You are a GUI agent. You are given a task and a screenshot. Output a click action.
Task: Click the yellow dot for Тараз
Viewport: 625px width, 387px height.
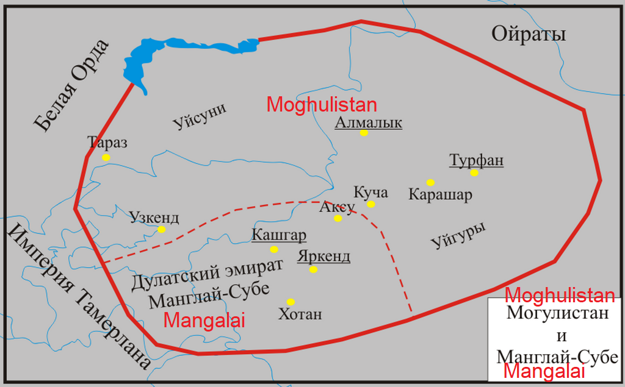(x=106, y=157)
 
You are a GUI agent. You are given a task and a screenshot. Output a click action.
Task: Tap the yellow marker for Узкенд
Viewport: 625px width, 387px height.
(x=161, y=230)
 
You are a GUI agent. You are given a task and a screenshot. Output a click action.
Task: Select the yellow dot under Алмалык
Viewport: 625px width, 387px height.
(x=364, y=133)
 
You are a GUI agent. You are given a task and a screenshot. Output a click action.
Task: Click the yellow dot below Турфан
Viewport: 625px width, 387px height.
(x=474, y=173)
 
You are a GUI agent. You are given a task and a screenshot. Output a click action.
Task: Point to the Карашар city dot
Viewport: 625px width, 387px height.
(x=430, y=182)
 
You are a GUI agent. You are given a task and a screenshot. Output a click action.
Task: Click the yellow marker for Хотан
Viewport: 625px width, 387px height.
(x=291, y=302)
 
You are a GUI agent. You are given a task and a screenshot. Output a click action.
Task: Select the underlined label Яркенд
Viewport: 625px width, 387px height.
(x=323, y=256)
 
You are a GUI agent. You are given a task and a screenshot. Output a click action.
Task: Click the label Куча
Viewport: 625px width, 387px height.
(x=371, y=193)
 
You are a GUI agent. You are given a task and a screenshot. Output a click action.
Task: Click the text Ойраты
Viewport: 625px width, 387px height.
(x=529, y=35)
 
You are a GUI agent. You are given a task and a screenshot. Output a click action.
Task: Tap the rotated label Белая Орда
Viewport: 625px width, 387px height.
(x=71, y=85)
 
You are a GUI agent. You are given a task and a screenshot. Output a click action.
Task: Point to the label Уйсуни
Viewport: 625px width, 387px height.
(x=200, y=116)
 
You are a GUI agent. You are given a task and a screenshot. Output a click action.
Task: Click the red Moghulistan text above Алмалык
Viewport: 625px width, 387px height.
(x=322, y=105)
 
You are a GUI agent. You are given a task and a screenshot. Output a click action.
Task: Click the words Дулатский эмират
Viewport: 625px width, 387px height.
(x=208, y=275)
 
